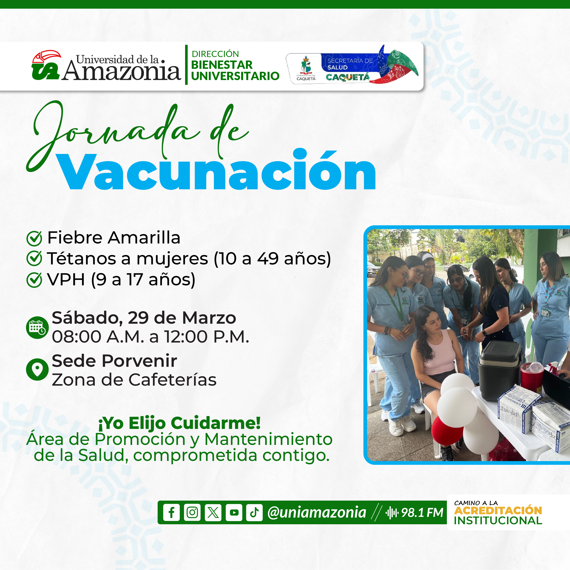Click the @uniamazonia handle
pyautogui.click(x=316, y=512)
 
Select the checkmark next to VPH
pyautogui.click(x=34, y=280)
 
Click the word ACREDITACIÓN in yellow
pyautogui.click(x=498, y=510)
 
